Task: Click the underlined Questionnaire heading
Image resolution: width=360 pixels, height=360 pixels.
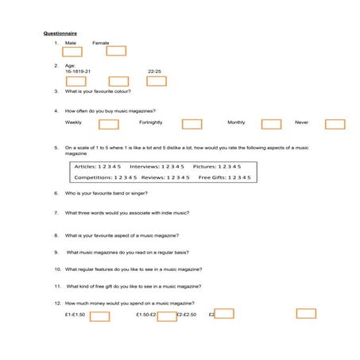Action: coord(60,33)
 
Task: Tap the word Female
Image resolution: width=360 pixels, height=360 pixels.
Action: coord(101,42)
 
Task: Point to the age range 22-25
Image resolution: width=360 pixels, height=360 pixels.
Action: coord(154,71)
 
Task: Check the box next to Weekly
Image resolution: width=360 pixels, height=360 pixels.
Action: coord(108,124)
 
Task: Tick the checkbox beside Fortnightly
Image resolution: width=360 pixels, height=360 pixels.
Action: coord(192,124)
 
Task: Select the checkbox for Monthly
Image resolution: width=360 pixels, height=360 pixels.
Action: coord(271,124)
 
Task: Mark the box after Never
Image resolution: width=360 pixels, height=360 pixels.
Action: coord(335,124)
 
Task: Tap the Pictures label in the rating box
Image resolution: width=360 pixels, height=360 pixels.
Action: coord(204,167)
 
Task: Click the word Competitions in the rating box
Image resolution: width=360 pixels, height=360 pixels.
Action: coord(93,178)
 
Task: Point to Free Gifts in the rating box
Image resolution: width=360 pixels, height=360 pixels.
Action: coord(211,178)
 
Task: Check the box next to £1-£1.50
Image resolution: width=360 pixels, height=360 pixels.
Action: coord(99,315)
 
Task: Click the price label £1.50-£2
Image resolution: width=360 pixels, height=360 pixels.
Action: coord(146,315)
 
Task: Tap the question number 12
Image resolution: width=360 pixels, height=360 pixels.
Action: coord(57,303)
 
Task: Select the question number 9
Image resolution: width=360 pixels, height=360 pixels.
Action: coord(57,252)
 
